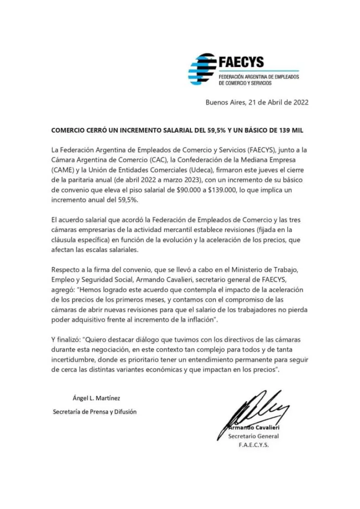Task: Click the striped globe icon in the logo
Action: (201, 70)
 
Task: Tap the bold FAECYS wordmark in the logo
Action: (241, 62)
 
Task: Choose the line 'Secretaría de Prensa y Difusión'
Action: (94, 412)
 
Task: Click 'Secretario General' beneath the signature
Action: (253, 436)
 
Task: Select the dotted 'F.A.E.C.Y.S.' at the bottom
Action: (253, 445)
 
